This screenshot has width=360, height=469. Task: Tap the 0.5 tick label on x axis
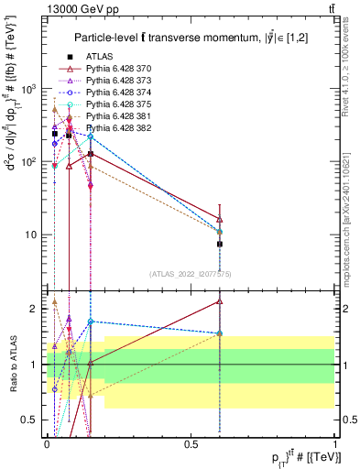(x=191, y=442)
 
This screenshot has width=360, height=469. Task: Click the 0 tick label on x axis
(x=47, y=442)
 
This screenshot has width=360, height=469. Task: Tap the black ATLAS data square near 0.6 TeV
(x=220, y=245)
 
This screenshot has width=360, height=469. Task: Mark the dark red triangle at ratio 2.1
(x=220, y=300)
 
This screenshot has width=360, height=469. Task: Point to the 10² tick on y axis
(x=31, y=161)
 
